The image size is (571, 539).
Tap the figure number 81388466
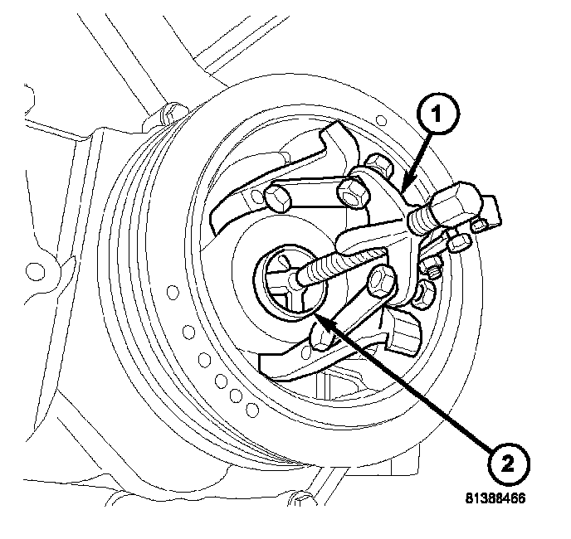[496, 500]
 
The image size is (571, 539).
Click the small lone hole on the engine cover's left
[35, 269]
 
